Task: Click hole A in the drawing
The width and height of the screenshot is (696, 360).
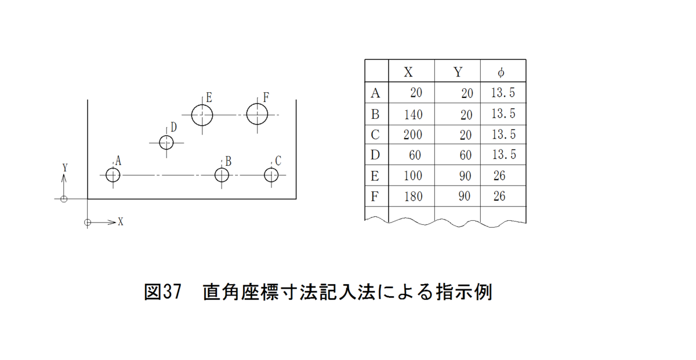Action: [113, 174]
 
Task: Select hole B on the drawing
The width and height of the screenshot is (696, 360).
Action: [222, 174]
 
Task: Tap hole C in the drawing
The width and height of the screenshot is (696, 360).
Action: [271, 174]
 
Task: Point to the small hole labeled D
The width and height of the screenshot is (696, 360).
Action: [166, 142]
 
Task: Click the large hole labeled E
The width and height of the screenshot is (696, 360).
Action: [202, 115]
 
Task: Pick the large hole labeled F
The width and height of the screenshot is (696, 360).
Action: [257, 114]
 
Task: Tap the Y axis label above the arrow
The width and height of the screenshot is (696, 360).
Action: [65, 167]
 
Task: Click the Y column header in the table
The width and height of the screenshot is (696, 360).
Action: [458, 72]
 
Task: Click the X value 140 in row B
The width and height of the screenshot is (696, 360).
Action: [413, 114]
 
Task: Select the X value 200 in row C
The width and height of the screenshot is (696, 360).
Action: [413, 134]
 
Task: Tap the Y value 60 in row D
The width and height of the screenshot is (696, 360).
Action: [465, 155]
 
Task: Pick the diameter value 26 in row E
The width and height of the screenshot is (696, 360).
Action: [499, 176]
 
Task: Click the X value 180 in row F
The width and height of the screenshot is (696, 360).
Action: [413, 197]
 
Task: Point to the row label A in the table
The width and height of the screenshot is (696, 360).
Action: [375, 93]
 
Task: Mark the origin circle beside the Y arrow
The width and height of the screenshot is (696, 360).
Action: [64, 199]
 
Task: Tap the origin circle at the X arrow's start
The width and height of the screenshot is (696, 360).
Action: [88, 222]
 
